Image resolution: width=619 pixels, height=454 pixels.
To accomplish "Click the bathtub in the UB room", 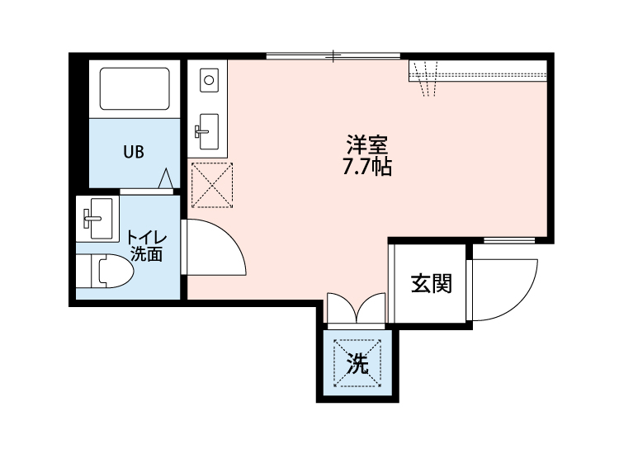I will point(135,88).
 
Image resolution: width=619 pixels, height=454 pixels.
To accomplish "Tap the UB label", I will point(133,152).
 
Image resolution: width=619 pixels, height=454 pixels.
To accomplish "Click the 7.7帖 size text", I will point(366,168).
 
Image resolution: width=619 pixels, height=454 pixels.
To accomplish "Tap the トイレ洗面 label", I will point(145,246).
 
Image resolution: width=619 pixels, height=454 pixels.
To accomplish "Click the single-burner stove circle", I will point(208,81).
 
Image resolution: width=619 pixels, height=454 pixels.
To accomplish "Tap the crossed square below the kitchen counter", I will point(211,185).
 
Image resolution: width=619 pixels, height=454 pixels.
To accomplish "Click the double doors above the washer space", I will point(356,308).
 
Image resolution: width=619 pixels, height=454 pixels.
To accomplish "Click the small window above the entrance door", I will point(508,241).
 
